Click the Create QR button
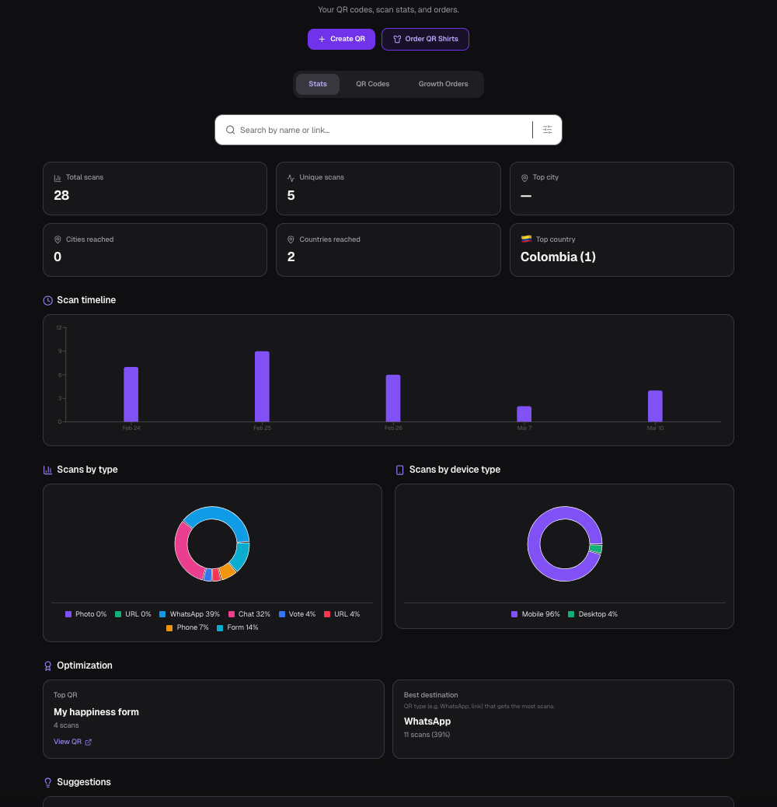click(341, 39)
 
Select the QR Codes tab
click(372, 84)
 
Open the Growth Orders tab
click(443, 84)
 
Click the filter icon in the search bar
click(547, 130)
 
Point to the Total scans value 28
click(61, 195)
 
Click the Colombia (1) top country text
click(558, 257)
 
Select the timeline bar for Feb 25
click(262, 386)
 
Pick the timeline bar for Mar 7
click(524, 414)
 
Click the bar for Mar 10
click(655, 406)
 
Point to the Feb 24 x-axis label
click(131, 428)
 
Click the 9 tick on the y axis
click(59, 351)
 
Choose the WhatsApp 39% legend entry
click(190, 614)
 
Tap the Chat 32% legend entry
click(249, 614)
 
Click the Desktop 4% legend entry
click(593, 614)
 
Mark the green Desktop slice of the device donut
click(596, 549)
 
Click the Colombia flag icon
click(526, 239)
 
